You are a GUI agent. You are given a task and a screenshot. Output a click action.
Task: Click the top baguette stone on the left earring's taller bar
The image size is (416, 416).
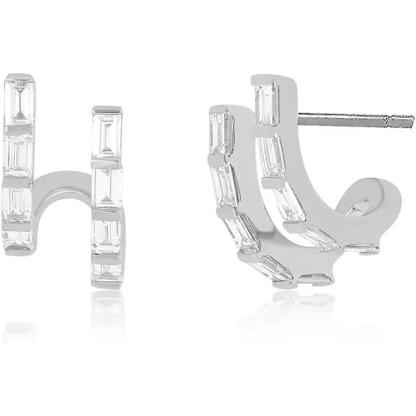pos(20,102)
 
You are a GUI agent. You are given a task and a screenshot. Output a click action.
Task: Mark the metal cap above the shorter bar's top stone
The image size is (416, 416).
pos(107,110)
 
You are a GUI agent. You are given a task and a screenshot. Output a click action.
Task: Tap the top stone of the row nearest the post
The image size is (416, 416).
pos(267,104)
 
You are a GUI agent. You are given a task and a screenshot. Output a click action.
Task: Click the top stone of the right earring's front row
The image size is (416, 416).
pos(221,133)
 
